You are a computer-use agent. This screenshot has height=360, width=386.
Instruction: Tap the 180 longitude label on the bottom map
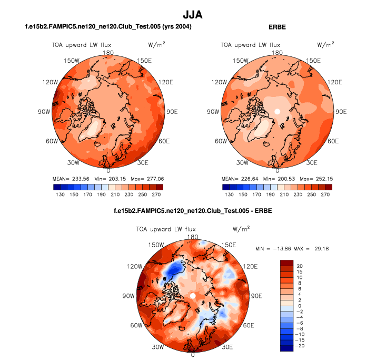pyautogui.click(x=193, y=237)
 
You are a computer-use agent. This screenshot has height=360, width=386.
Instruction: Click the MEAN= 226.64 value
pyautogui.click(x=232, y=179)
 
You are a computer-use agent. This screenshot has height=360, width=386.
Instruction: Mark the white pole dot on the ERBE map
pyautogui.click(x=277, y=112)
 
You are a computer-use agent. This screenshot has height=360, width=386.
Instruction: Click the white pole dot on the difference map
pyautogui.click(x=193, y=296)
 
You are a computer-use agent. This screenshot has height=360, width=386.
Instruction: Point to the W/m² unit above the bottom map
pyautogui.click(x=241, y=229)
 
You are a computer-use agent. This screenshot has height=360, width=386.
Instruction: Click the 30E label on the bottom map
pyautogui.click(x=227, y=347)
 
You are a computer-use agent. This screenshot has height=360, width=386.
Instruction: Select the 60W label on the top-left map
pyautogui.click(x=51, y=141)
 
